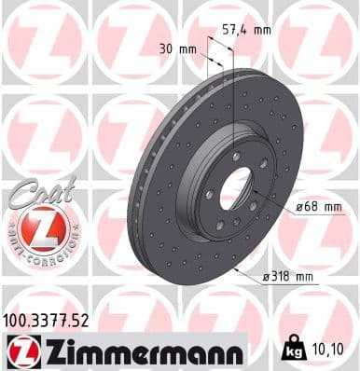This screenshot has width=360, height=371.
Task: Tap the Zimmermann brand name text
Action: pos(138,350)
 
